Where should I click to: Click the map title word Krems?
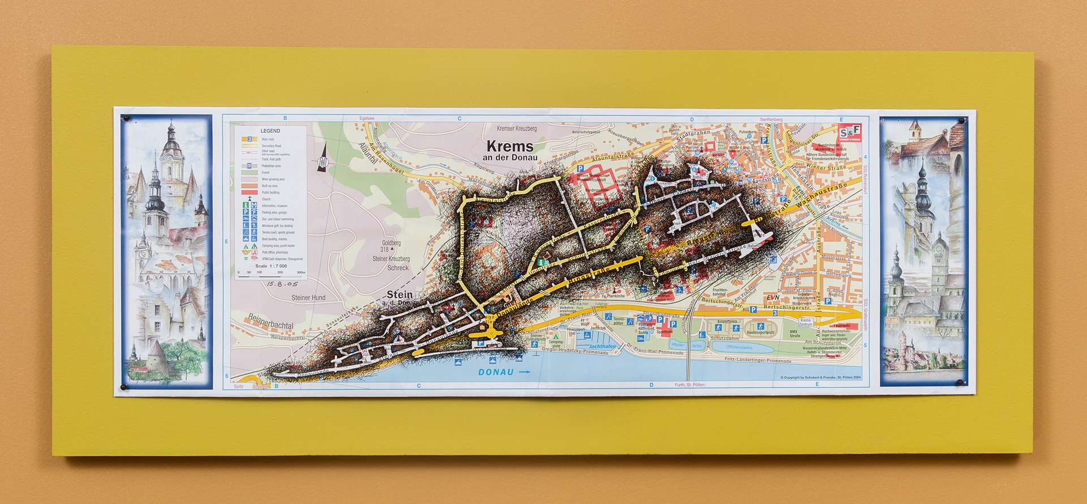tap(510, 146)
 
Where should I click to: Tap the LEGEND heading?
tap(270, 131)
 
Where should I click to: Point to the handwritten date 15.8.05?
tap(282, 284)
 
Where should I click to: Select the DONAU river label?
tap(496, 372)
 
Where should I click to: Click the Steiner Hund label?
tap(308, 297)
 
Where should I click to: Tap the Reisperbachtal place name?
tap(271, 322)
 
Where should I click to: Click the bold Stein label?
tap(400, 294)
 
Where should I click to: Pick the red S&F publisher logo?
tap(850, 133)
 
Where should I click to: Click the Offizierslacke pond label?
tap(739, 347)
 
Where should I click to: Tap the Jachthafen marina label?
tap(602, 346)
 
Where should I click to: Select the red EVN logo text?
tap(773, 297)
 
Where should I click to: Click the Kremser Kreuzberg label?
tap(516, 129)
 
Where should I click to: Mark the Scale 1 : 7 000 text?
tap(271, 266)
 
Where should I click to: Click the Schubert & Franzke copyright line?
tap(820, 377)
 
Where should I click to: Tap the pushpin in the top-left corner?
tap(126, 118)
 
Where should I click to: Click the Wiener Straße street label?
tap(826, 168)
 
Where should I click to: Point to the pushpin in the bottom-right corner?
tap(960, 383)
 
